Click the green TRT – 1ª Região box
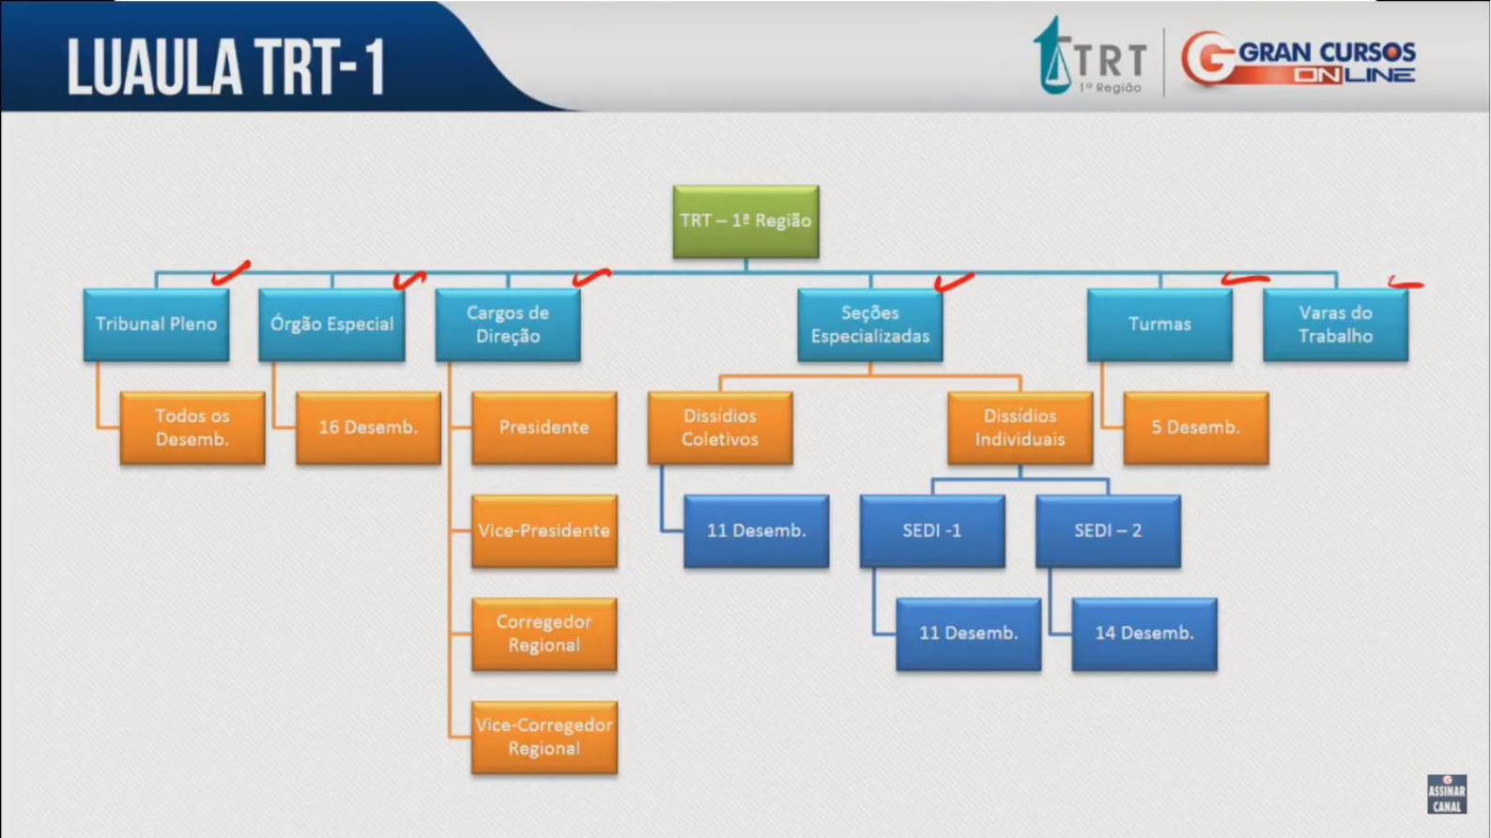[x=745, y=221]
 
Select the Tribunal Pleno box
[x=157, y=325]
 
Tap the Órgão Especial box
[x=331, y=325]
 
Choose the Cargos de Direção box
[x=508, y=325]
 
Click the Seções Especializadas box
[x=870, y=325]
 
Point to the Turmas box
[x=1160, y=325]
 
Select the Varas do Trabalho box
[x=1335, y=325]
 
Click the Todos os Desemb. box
[x=192, y=428]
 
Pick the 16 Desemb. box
[x=368, y=428]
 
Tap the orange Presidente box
[x=545, y=428]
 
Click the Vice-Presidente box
[x=545, y=531]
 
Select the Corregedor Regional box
[x=545, y=633]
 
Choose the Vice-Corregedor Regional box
[x=545, y=737]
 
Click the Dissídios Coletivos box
[x=720, y=428]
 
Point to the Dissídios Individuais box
[x=1020, y=428]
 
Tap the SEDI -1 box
[x=931, y=531]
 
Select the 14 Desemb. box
[x=1145, y=633]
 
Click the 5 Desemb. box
[x=1195, y=428]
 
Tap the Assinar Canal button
[x=1447, y=794]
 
